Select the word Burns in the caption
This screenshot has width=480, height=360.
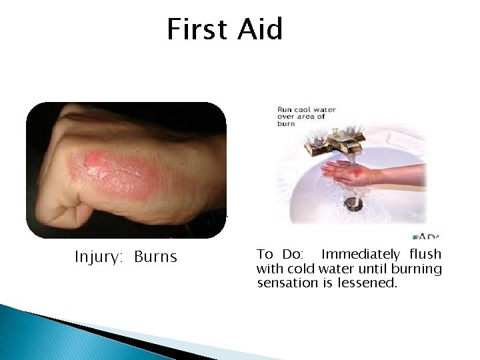point(155,257)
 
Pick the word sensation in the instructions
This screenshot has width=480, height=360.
point(285,283)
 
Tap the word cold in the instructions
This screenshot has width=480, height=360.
point(302,269)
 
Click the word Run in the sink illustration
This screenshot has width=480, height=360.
point(285,109)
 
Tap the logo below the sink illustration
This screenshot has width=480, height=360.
point(427,235)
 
